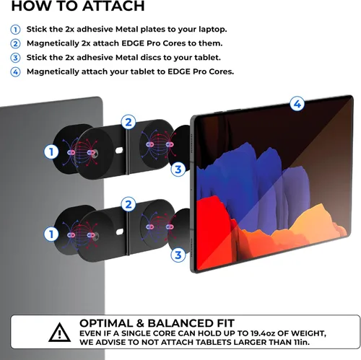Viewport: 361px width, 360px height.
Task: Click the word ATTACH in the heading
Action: tap(113, 6)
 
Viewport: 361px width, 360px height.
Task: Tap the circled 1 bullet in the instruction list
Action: tap(15, 30)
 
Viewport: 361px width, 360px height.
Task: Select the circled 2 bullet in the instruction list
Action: tap(15, 44)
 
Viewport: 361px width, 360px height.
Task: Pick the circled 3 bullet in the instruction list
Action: tap(15, 58)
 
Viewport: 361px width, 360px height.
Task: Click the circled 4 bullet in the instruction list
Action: tap(15, 72)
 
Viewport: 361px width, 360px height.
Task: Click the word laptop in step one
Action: tap(212, 30)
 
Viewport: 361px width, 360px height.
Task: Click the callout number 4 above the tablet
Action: tap(297, 104)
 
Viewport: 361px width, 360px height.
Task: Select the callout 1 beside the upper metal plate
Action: tap(51, 152)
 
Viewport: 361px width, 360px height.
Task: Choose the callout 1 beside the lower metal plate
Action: tap(51, 234)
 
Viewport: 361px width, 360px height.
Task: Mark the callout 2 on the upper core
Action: tap(129, 122)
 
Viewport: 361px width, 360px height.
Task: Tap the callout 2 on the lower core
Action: tap(129, 204)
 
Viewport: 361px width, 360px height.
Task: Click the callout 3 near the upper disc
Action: tap(178, 170)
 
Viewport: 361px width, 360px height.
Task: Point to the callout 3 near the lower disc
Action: tap(178, 255)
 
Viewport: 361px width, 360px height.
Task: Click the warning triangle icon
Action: tap(60, 333)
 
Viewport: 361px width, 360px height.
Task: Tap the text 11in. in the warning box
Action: tap(301, 342)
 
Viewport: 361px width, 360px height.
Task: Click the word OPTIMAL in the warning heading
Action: tap(106, 323)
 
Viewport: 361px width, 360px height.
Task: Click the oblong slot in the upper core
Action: tap(119, 151)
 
